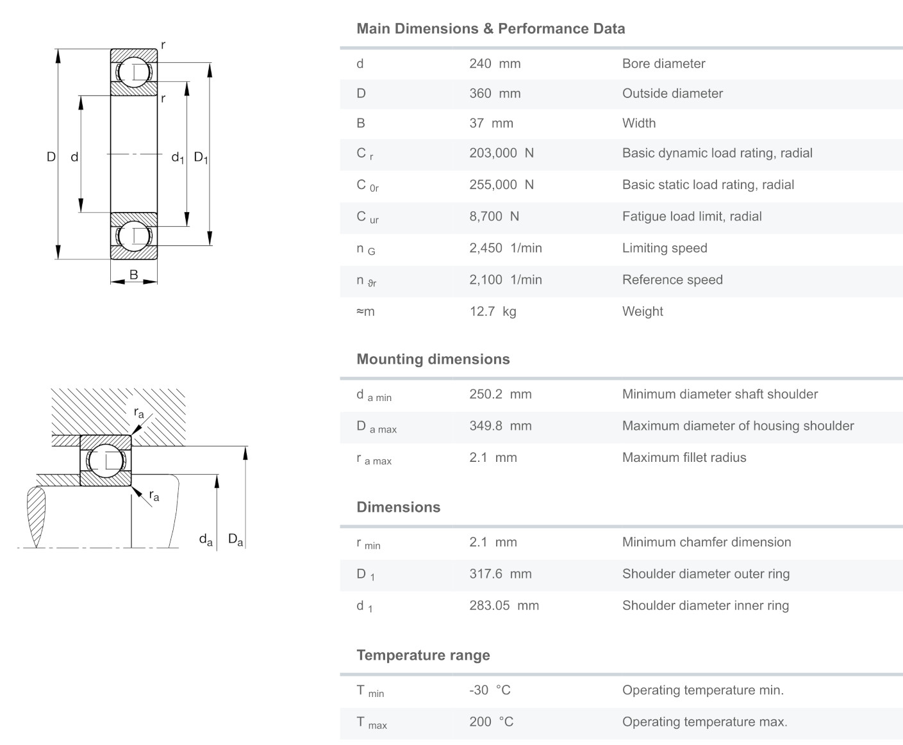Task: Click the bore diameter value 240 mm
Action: (x=495, y=63)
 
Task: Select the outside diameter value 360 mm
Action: (x=495, y=94)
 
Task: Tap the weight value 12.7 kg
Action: (x=492, y=312)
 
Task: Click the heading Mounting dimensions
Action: (x=433, y=359)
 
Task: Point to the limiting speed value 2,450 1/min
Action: (x=505, y=249)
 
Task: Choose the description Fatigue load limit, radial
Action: (x=692, y=217)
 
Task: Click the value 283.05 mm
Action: (x=504, y=606)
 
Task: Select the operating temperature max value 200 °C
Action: (x=491, y=722)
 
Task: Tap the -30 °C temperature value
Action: (x=490, y=691)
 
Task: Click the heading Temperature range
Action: (x=423, y=655)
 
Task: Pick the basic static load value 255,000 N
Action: (x=501, y=185)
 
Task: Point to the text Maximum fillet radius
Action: (x=684, y=458)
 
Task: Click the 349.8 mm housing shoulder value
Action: (x=500, y=426)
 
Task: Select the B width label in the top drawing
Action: (x=134, y=275)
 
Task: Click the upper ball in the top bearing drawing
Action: (x=134, y=72)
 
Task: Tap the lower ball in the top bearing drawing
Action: (x=134, y=236)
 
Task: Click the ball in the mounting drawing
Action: (x=106, y=461)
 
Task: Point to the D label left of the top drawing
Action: (x=51, y=157)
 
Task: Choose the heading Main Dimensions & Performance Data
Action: (x=490, y=29)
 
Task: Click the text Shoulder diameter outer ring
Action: (x=706, y=574)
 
